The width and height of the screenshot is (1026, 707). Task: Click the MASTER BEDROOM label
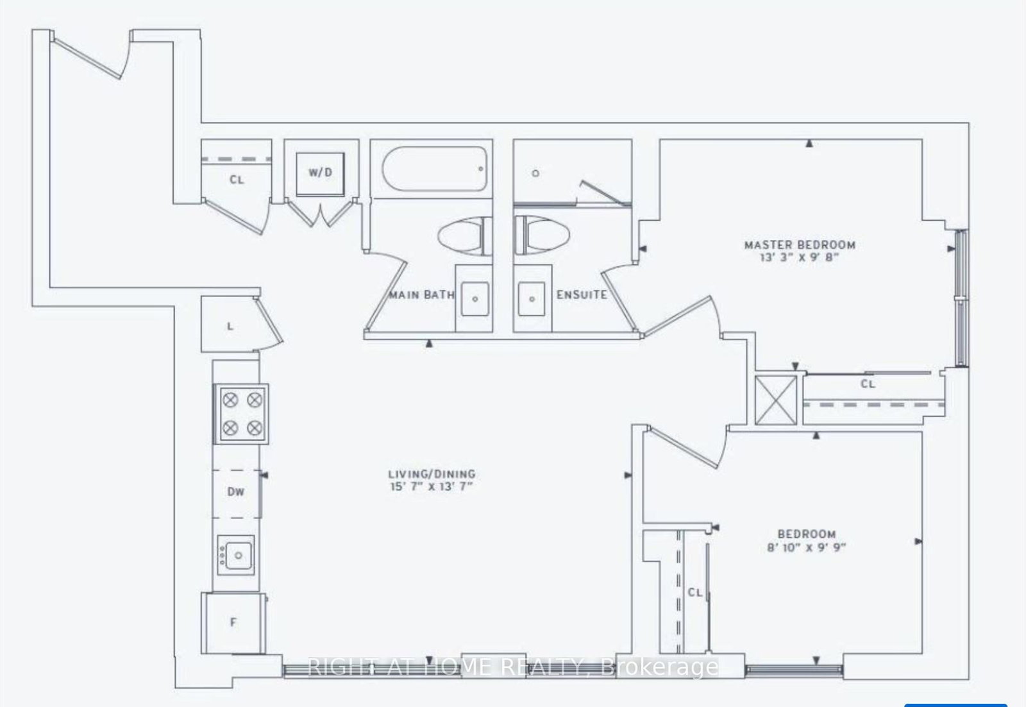(x=799, y=244)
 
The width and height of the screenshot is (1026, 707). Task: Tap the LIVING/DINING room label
(x=432, y=474)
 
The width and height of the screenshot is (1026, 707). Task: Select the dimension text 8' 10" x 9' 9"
(x=806, y=547)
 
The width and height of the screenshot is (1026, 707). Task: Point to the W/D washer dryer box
(x=320, y=173)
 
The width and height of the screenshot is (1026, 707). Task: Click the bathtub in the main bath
(x=435, y=169)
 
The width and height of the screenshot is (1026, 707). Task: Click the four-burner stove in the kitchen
(x=241, y=414)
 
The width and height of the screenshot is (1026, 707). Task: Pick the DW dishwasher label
(x=235, y=492)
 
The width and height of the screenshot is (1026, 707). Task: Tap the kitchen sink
(x=236, y=554)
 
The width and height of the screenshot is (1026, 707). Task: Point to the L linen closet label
(x=230, y=327)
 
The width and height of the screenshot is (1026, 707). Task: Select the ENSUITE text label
(x=581, y=295)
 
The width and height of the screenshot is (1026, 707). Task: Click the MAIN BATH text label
(x=421, y=295)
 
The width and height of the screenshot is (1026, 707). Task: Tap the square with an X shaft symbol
(x=776, y=400)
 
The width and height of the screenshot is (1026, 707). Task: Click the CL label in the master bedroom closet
(x=868, y=384)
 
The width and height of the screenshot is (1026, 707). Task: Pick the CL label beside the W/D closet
(x=237, y=180)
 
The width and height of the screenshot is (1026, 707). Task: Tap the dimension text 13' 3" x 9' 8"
(x=799, y=257)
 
